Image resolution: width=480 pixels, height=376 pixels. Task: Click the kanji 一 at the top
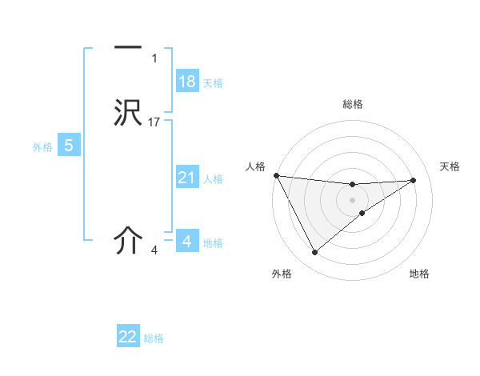point(128,49)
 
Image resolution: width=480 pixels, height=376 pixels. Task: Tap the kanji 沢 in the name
point(128,113)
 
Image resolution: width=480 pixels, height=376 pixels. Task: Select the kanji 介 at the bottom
point(128,241)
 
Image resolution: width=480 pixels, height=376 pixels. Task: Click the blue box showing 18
point(187,82)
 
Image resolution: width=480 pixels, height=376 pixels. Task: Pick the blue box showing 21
point(187,178)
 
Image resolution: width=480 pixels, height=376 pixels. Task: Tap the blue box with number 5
point(69,146)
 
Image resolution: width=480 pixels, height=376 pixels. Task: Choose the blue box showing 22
point(128,337)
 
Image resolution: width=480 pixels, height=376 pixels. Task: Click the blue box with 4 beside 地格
point(187,241)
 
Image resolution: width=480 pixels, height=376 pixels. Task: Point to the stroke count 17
point(154,122)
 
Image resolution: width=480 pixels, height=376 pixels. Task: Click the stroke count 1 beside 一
point(154,58)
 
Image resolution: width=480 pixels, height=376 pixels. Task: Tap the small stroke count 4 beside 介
point(154,250)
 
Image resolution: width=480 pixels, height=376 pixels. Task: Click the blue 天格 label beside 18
point(213,83)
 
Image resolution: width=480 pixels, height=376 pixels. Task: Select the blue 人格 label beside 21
point(213,179)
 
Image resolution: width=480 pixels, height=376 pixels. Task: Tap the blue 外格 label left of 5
point(42,147)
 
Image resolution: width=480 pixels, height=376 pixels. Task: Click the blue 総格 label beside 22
point(154,338)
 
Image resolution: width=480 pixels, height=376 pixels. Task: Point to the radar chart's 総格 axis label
point(353,104)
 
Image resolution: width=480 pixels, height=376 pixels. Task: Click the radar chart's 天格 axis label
point(450,166)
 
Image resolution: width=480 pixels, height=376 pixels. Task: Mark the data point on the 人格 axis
point(276,175)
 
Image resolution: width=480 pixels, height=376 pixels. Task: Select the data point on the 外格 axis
point(314,253)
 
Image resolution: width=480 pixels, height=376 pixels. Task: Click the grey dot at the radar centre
point(353,199)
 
